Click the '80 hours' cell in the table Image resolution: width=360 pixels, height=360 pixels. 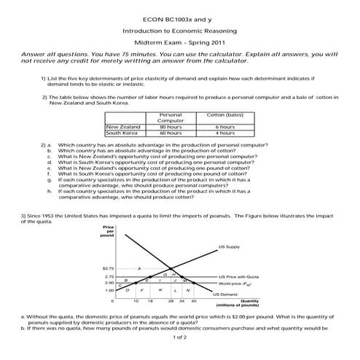171,127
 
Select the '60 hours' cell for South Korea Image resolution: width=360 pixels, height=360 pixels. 171,133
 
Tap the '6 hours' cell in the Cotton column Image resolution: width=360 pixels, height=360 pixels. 225,127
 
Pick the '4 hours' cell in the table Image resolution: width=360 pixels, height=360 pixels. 225,133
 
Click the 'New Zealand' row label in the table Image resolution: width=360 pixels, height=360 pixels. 123,127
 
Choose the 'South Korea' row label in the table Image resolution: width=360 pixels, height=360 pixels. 122,133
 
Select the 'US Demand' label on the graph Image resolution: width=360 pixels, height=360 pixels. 225,294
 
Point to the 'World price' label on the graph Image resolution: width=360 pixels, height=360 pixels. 236,283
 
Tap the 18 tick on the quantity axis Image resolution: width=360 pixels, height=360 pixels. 149,300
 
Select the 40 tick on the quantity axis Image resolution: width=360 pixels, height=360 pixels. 193,300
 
